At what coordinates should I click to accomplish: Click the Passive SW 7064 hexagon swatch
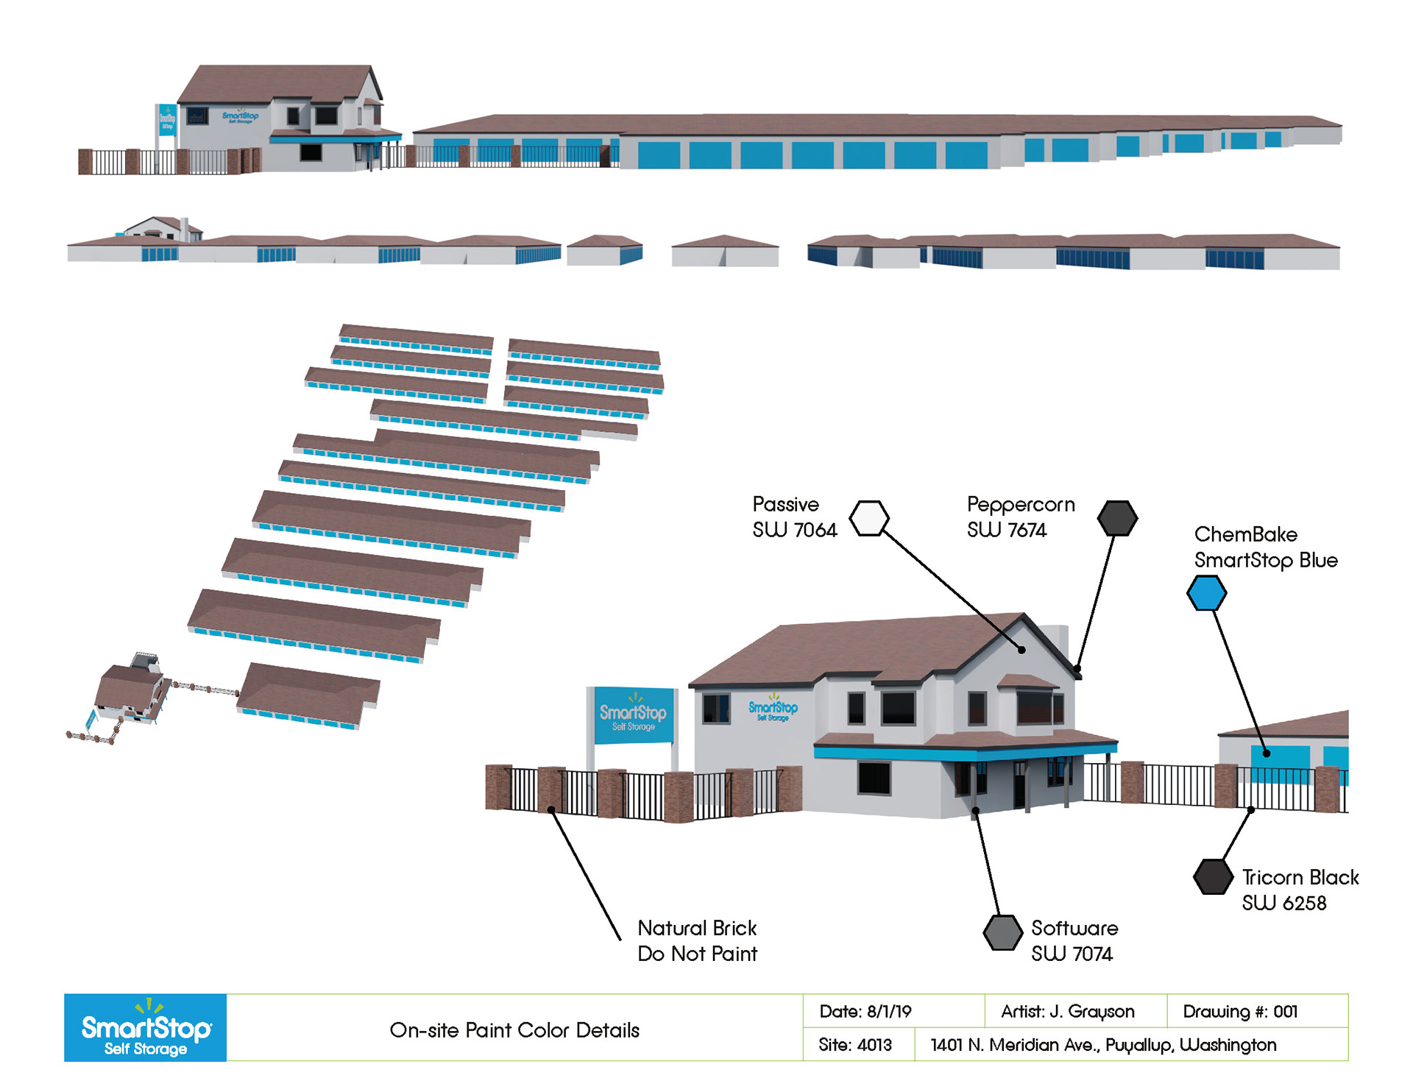869,518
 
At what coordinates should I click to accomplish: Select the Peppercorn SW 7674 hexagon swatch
1117,518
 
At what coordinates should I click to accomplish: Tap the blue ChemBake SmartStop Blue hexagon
1206,593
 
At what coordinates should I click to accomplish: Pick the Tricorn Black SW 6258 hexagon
1213,876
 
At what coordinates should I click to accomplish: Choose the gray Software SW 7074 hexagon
1002,932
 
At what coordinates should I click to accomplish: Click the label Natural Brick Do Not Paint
697,940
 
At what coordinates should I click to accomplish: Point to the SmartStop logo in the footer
146,1028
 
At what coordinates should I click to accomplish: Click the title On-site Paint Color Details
514,1029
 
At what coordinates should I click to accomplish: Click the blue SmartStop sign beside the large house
634,715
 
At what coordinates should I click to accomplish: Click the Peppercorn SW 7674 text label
1020,517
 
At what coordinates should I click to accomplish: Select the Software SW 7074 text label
1074,940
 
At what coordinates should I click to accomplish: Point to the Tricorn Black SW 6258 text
1300,890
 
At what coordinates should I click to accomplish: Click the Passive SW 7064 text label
794,517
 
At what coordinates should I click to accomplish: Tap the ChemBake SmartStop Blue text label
1265,547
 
